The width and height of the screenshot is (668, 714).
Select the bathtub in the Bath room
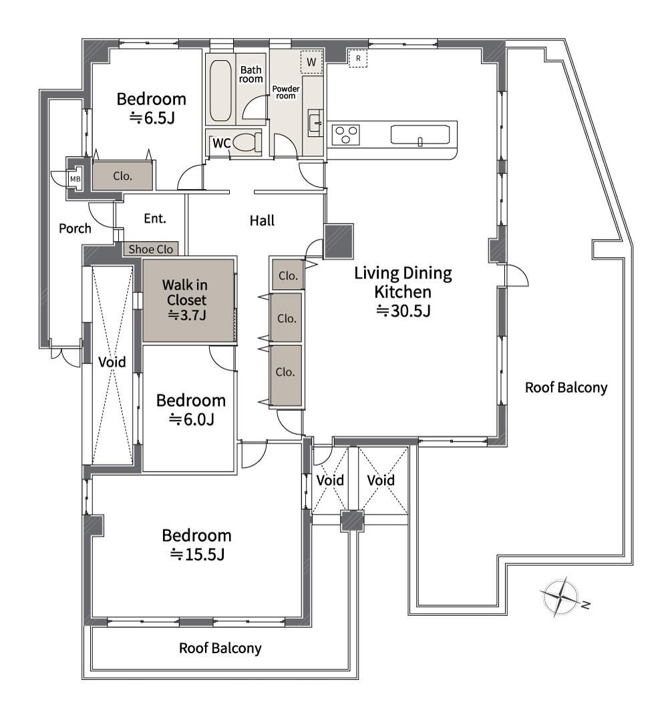pos(221,90)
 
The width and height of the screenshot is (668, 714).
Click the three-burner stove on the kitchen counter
pos(345,135)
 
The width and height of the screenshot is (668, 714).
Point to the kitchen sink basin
pos(420,135)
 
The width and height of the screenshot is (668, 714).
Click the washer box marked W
pos(311,62)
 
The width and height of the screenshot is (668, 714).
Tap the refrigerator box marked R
pos(358,58)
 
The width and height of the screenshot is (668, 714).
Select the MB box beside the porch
pos(75,179)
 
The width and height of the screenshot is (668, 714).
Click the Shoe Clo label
pos(151,249)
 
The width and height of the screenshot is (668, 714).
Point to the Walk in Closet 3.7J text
pos(186,300)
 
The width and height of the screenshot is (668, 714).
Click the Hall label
pos(262,221)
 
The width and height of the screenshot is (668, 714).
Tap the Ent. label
pos(155,218)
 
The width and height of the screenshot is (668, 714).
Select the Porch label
pos(75,228)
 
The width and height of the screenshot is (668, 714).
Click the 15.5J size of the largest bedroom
pos(197,554)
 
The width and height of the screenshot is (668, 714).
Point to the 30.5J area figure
pos(403,311)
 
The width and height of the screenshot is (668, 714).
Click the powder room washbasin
pos(315,122)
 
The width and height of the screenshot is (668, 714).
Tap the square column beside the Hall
pos(339,241)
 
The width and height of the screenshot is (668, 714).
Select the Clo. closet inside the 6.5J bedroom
pos(122,175)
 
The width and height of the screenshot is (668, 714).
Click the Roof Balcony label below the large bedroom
pos(220,648)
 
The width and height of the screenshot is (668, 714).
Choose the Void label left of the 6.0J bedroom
pos(112,362)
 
